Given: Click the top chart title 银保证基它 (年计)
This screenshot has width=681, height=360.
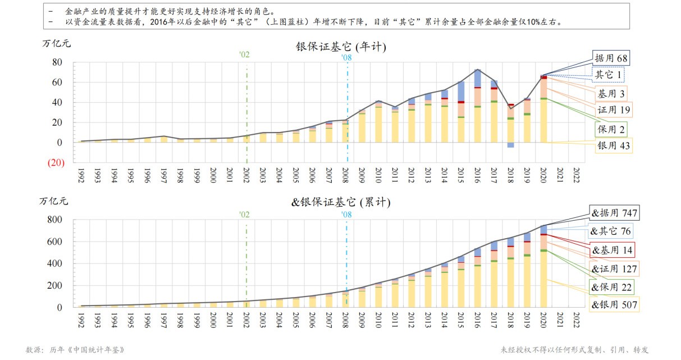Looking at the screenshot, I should [x=341, y=47].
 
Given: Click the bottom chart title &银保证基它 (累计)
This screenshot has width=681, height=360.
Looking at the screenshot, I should [x=340, y=202].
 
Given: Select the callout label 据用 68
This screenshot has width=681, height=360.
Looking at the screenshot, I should [x=611, y=58].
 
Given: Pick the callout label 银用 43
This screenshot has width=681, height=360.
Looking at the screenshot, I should [x=614, y=147].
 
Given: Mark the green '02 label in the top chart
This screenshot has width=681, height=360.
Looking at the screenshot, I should [x=244, y=54].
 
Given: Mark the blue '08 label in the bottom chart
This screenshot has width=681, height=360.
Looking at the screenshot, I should [x=346, y=214].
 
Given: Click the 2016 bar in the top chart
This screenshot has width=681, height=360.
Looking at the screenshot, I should [x=477, y=101].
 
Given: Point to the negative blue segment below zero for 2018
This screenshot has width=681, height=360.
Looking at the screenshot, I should [x=510, y=145].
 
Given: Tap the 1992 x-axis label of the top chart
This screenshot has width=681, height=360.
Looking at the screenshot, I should [x=81, y=174].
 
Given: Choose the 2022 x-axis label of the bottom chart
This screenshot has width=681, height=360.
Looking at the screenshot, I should [x=577, y=321].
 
